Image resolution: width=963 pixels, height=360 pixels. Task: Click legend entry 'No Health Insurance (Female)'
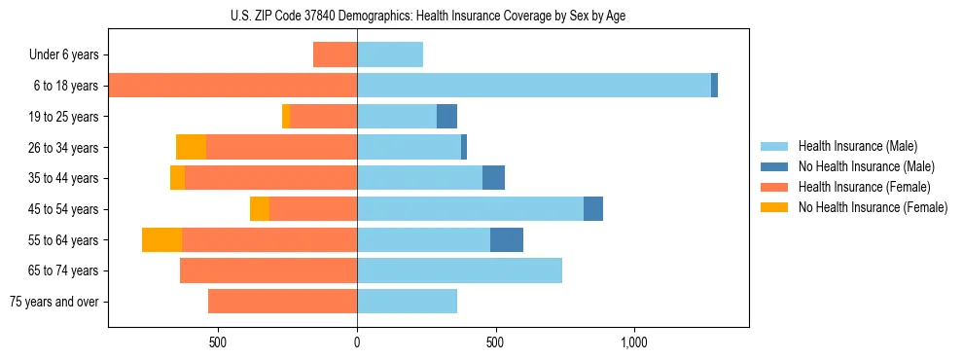[873, 207]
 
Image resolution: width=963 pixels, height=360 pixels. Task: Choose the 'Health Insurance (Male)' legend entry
[857, 146]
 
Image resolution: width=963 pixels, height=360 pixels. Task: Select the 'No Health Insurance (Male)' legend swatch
[774, 166]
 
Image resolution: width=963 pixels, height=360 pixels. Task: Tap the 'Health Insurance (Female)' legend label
[864, 187]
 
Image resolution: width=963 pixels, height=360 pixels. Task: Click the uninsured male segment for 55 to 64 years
[507, 240]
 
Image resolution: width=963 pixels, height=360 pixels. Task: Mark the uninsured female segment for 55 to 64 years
[161, 240]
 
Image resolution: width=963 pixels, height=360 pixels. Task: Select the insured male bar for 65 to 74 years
[459, 270]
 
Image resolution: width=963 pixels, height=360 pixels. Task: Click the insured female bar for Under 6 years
[335, 54]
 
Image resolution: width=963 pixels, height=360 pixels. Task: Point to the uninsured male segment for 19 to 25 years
[446, 117]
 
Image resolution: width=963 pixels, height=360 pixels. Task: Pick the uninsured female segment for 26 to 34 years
[191, 147]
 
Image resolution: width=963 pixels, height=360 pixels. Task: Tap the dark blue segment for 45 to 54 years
[593, 209]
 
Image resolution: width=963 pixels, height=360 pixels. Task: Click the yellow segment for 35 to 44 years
[177, 178]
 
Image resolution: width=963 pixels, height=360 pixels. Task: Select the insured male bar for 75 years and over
[407, 302]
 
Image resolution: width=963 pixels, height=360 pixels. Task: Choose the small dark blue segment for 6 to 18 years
[714, 86]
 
